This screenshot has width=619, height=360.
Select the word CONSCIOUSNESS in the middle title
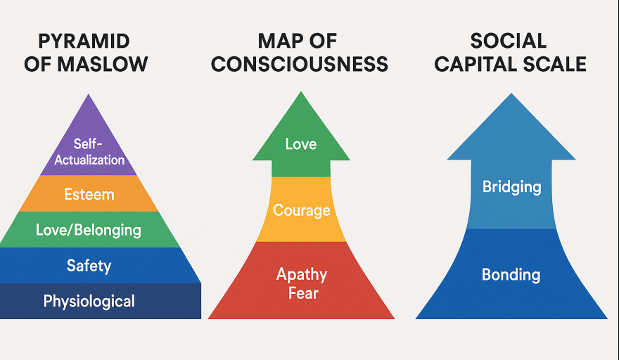[300, 64]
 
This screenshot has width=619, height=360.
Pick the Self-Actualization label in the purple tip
[89, 152]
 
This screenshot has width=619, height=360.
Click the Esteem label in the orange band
[89, 194]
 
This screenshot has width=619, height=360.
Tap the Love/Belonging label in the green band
[89, 230]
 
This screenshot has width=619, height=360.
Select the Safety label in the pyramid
[89, 266]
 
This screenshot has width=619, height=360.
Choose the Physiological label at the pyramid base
[89, 302]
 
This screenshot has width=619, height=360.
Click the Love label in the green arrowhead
[301, 144]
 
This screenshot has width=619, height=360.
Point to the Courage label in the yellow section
[301, 210]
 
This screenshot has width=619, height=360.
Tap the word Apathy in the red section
[301, 274]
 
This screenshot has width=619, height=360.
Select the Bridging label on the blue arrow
[511, 187]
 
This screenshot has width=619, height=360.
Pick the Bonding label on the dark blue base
[511, 275]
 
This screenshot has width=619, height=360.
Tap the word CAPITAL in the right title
[475, 64]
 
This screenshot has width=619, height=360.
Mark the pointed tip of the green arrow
[301, 91]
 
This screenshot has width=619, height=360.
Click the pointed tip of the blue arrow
[511, 94]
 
